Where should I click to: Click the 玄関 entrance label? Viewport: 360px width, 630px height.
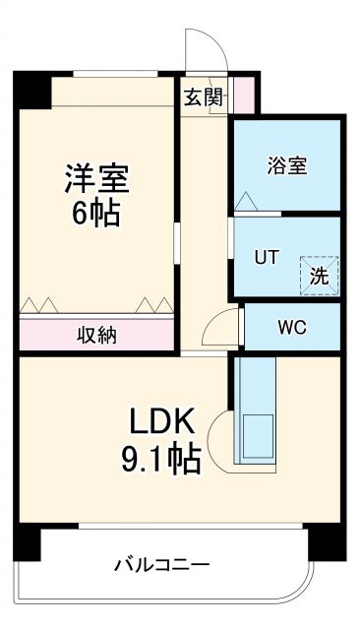tap(203, 96)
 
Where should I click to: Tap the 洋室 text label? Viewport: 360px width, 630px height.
tap(97, 180)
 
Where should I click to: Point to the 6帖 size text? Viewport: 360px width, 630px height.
tap(96, 214)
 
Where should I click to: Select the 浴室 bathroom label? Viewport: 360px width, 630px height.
tap(286, 164)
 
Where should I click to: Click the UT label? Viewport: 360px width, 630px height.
tap(267, 258)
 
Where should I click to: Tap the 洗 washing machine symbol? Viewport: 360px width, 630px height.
tap(319, 276)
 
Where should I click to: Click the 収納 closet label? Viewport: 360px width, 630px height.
tap(96, 335)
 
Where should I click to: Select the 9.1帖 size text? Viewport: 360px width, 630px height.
tap(163, 458)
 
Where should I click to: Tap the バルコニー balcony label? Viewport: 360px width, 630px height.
tap(161, 565)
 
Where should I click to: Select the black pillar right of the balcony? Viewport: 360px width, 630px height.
tap(325, 544)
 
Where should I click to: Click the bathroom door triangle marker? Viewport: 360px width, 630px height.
tap(244, 202)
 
